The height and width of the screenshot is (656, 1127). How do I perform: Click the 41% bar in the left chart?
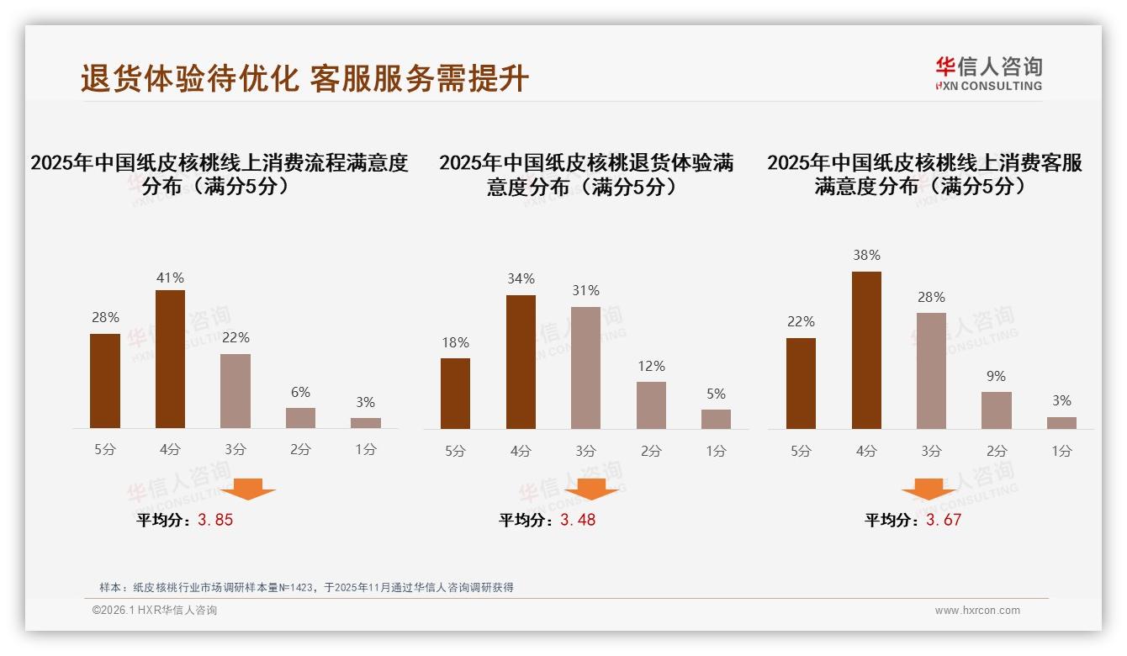[171, 359]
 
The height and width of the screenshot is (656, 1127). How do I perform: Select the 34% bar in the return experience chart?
[521, 362]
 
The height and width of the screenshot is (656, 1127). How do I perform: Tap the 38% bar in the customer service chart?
[866, 350]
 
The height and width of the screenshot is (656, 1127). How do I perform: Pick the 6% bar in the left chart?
[300, 418]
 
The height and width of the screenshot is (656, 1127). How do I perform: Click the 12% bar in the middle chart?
[651, 405]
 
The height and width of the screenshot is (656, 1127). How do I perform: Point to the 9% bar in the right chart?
[997, 410]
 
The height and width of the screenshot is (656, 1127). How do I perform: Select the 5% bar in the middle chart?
[716, 419]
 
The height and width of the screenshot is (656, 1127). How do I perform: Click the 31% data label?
[585, 290]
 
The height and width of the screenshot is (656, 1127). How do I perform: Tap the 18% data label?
[455, 342]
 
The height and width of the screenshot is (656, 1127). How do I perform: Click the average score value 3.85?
[215, 520]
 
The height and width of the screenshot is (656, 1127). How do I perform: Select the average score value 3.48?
[578, 520]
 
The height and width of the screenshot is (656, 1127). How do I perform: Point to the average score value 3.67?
[944, 520]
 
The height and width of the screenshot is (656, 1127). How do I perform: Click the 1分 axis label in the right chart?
[1061, 451]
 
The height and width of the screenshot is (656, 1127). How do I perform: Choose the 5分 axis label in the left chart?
[105, 449]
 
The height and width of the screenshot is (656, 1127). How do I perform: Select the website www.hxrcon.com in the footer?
[977, 611]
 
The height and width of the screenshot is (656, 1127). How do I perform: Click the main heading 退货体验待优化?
[189, 78]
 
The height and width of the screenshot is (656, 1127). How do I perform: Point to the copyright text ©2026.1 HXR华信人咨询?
[155, 611]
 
